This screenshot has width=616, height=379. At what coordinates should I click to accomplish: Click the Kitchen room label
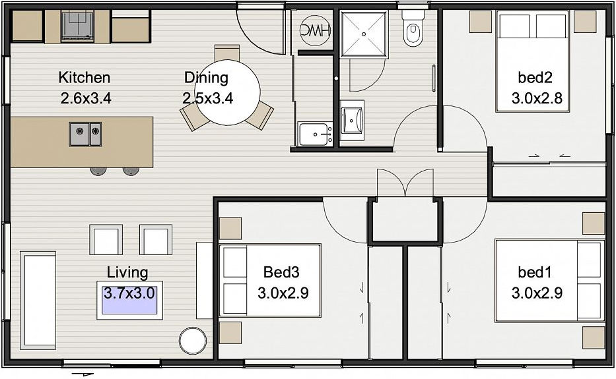(x=85, y=78)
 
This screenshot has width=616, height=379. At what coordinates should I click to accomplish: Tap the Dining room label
(x=206, y=78)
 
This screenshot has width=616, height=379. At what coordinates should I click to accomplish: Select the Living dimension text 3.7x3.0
(x=129, y=293)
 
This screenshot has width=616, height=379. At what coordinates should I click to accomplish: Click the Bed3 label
(x=281, y=272)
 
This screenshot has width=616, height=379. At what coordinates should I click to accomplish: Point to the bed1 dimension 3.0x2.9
(x=537, y=293)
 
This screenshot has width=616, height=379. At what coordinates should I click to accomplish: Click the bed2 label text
(x=535, y=78)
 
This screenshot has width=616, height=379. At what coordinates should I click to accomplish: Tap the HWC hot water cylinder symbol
(x=315, y=30)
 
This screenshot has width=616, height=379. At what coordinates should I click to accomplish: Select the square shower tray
(x=364, y=34)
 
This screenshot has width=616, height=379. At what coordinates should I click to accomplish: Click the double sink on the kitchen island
(x=85, y=134)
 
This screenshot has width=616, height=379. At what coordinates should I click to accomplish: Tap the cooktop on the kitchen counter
(x=77, y=26)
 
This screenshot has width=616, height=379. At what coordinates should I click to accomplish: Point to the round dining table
(x=228, y=92)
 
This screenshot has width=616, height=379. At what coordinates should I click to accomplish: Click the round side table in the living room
(x=193, y=339)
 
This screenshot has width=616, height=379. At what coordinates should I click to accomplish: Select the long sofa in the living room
(x=38, y=300)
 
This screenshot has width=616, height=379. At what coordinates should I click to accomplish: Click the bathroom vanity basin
(x=352, y=120)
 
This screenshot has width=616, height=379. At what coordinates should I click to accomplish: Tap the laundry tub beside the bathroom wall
(x=315, y=134)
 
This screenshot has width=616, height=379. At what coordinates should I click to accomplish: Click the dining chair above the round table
(x=227, y=53)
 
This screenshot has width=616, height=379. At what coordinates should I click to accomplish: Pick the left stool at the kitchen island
(x=98, y=171)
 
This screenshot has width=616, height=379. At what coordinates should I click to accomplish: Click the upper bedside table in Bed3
(x=230, y=228)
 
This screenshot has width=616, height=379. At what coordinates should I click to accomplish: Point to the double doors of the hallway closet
(x=405, y=183)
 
